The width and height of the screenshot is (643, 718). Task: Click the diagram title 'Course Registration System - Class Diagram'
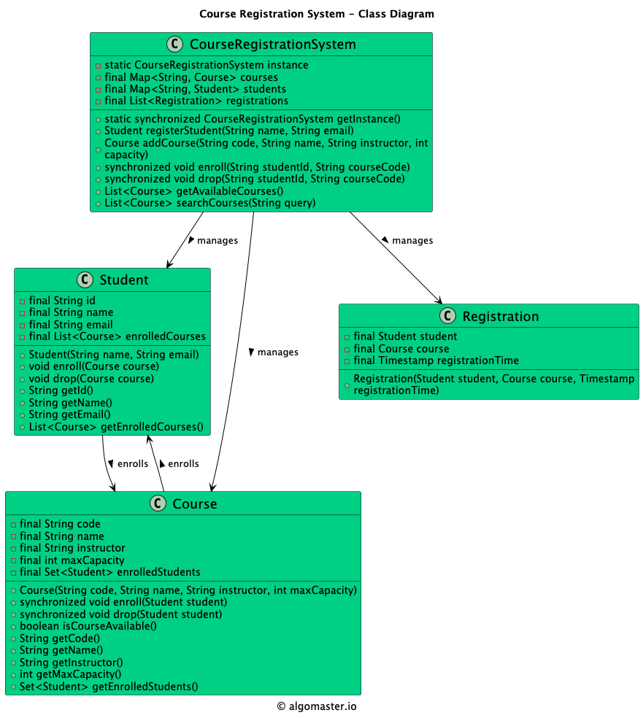click(x=316, y=14)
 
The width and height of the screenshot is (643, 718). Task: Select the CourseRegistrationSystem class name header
click(x=272, y=45)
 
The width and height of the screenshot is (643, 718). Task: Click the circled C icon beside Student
click(x=85, y=279)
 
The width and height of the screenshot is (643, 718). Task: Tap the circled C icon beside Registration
click(x=448, y=316)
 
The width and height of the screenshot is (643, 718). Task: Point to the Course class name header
click(x=194, y=503)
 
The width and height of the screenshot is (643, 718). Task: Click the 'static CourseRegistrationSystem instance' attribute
click(x=206, y=65)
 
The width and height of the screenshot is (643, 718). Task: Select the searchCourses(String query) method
click(x=210, y=203)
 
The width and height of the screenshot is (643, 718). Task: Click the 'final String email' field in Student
click(x=71, y=324)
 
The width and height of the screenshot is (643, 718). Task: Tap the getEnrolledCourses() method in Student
click(x=116, y=427)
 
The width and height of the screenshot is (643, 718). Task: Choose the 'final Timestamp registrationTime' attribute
click(x=436, y=360)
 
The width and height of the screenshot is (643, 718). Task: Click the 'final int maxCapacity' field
click(x=72, y=560)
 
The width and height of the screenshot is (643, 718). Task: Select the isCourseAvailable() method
click(x=88, y=626)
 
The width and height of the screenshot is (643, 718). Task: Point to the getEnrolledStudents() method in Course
click(x=109, y=686)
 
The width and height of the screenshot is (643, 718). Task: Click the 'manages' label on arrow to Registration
click(x=412, y=240)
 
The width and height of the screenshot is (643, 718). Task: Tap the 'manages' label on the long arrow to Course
click(x=277, y=352)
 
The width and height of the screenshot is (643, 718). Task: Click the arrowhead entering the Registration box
click(x=439, y=300)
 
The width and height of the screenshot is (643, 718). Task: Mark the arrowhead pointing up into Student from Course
click(x=149, y=439)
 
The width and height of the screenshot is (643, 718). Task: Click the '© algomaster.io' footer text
click(x=317, y=706)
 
